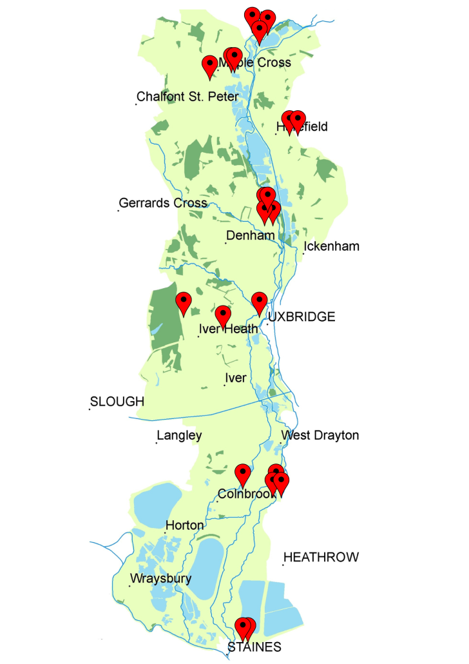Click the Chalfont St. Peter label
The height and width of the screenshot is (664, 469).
pyautogui.click(x=187, y=97)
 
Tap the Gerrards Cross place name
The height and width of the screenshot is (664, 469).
pyautogui.click(x=163, y=203)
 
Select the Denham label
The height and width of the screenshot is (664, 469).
pyautogui.click(x=250, y=235)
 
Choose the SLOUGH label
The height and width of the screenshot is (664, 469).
pyautogui.click(x=117, y=402)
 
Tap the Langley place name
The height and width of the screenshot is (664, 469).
pyautogui.click(x=180, y=435)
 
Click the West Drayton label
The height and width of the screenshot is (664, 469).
pyautogui.click(x=320, y=435)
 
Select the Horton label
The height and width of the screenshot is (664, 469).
pyautogui.click(x=185, y=525)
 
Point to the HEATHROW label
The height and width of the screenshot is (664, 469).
pyautogui.click(x=321, y=557)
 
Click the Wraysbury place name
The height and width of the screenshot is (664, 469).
pyautogui.click(x=161, y=578)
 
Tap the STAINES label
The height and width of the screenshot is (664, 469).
pyautogui.click(x=254, y=647)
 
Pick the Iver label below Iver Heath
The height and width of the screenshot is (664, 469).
pyautogui.click(x=235, y=378)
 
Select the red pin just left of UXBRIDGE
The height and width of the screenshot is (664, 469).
pyautogui.click(x=259, y=302)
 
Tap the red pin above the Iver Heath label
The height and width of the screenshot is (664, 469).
pyautogui.click(x=223, y=316)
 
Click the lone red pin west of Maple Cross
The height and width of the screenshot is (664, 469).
pyautogui.click(x=209, y=65)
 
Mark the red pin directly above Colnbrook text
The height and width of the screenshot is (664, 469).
pyautogui.click(x=242, y=473)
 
